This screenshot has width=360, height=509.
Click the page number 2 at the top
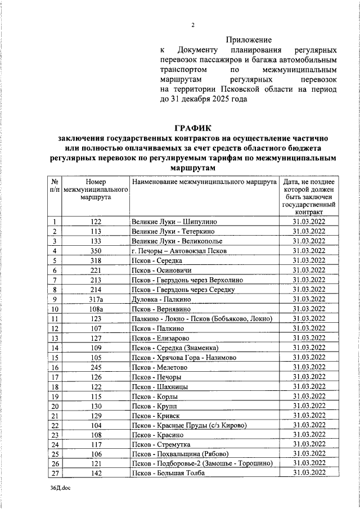click(192, 25)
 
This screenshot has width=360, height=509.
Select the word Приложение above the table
click(249, 40)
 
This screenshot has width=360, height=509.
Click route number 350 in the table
click(96, 250)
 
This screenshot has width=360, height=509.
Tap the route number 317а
click(96, 299)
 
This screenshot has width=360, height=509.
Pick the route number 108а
click(96, 309)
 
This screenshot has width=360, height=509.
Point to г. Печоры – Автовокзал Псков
click(178, 250)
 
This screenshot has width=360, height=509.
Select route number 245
click(96, 367)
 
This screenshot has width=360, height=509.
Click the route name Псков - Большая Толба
click(168, 474)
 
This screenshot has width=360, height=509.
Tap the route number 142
click(96, 474)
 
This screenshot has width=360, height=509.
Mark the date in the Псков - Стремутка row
click(309, 444)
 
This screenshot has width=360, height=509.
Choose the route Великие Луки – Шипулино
click(173, 222)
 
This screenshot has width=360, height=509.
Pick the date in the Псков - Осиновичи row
click(309, 270)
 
